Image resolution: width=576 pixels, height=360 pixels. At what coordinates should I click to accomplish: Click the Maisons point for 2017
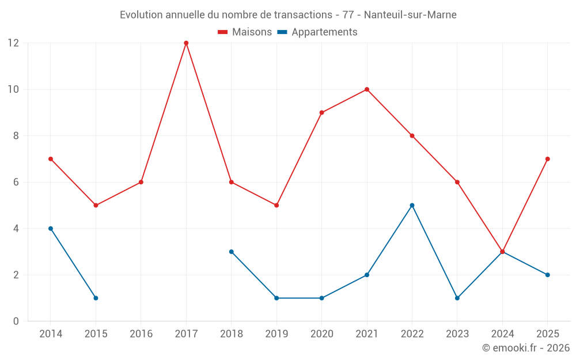(186, 43)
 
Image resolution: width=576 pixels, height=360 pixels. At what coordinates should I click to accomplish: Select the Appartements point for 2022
(412, 205)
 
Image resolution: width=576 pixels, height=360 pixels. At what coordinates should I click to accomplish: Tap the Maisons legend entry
(245, 32)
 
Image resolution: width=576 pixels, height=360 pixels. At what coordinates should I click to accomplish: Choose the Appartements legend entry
(317, 32)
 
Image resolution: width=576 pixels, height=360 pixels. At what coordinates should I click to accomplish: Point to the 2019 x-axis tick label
(276, 334)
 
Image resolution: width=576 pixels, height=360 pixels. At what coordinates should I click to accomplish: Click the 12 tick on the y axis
(13, 43)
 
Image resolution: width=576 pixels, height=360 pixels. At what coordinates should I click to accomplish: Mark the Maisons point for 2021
(367, 89)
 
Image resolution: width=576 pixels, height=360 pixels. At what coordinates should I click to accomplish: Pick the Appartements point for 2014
(51, 229)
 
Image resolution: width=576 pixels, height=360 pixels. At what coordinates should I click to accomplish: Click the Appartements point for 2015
(96, 298)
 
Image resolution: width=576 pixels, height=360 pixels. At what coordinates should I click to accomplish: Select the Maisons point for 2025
(547, 159)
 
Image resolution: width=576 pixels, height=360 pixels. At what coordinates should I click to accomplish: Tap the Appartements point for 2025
(547, 275)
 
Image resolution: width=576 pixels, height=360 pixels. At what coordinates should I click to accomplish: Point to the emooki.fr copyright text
(526, 348)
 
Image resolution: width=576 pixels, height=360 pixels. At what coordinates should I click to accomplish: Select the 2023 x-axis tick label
(457, 334)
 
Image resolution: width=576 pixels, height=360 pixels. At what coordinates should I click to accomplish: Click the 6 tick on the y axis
(16, 182)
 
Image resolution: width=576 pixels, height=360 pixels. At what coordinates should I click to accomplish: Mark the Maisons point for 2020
(321, 112)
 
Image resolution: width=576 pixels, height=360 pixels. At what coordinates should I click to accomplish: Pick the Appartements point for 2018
(231, 252)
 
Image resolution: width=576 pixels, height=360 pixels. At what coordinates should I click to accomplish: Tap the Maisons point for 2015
(96, 205)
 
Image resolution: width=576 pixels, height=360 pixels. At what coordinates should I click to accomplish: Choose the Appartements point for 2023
(457, 298)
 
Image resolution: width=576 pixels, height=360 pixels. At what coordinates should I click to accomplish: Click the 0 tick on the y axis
(16, 321)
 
